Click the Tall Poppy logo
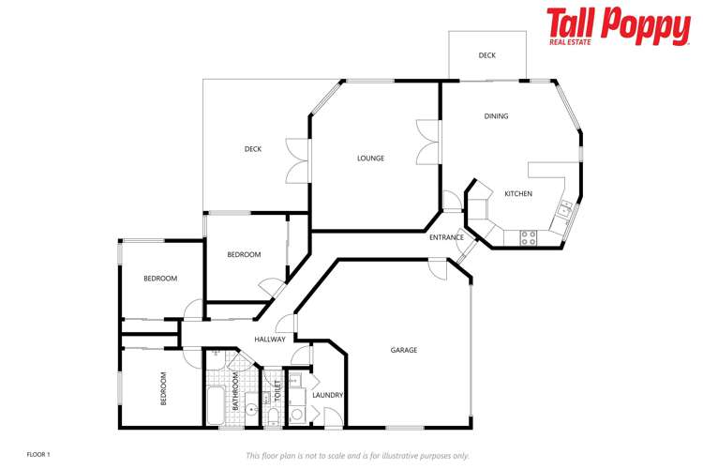618,26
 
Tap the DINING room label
496,116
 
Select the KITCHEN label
518,194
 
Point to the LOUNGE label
370,159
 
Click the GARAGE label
404,350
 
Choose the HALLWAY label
269,340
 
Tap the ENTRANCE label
446,237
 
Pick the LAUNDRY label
327,395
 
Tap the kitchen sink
565,209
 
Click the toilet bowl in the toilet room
271,415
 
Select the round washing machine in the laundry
296,413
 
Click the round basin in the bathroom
251,409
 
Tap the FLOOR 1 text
38,454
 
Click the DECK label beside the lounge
253,149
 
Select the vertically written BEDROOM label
163,387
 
